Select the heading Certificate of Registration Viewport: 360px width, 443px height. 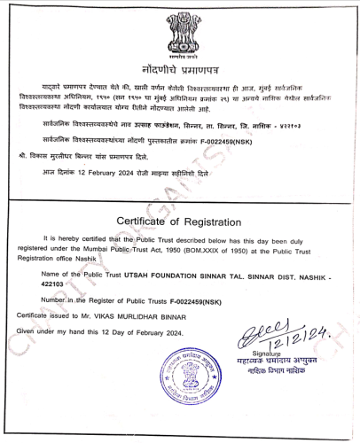click(x=181, y=221)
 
